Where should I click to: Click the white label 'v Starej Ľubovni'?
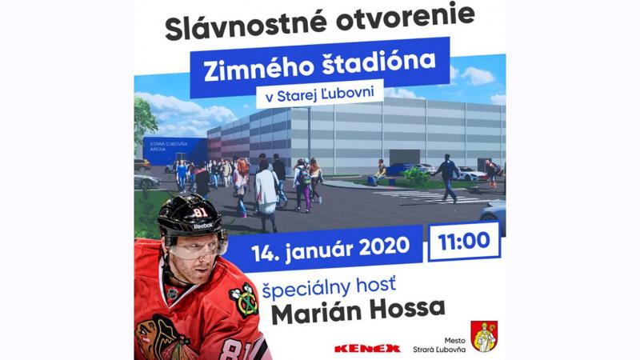click(319, 94)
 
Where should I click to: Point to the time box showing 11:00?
click(464, 242)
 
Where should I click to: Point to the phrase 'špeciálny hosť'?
click(329, 287)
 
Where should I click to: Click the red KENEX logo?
click(367, 349)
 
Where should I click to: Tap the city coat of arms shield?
click(484, 336)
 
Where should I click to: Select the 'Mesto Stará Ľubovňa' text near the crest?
click(438, 345)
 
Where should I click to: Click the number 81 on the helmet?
click(200, 212)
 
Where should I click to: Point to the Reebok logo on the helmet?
click(203, 226)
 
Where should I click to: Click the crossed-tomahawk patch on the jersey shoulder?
click(244, 301)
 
